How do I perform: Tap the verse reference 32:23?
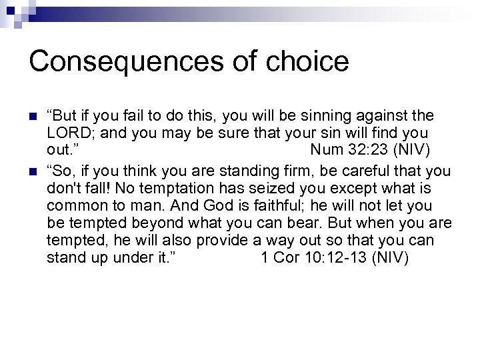click(x=367, y=150)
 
